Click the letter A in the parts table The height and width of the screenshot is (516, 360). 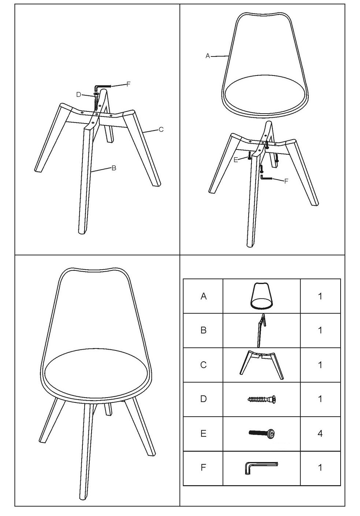[204, 296]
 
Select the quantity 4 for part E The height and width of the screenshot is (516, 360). [320, 434]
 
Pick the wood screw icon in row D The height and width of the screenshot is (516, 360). [261, 399]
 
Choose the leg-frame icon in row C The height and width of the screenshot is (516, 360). [262, 365]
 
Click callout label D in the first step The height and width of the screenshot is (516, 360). [79, 95]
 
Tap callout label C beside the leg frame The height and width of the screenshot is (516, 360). [161, 129]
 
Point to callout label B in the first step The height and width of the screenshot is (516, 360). [114, 168]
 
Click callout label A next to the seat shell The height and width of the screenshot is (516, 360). [208, 56]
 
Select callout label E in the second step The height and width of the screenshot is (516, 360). [235, 160]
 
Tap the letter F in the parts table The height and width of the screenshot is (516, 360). [203, 467]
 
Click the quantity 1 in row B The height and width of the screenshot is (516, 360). [320, 330]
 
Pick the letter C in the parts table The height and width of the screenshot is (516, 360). [204, 365]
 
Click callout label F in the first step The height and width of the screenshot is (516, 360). [129, 84]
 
